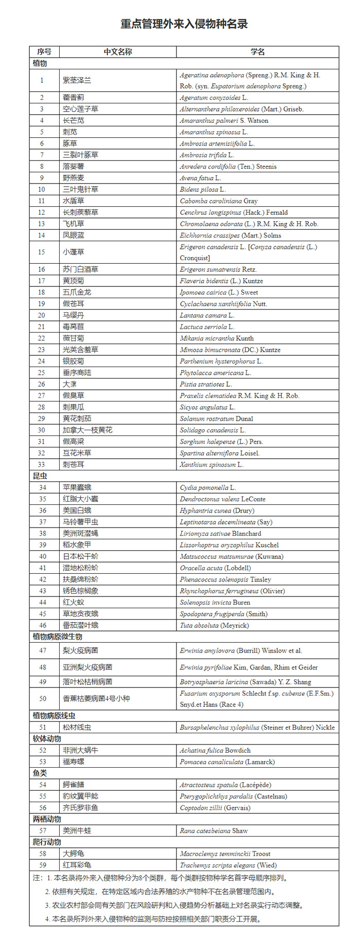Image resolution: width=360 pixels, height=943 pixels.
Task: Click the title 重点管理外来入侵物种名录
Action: [x=184, y=24]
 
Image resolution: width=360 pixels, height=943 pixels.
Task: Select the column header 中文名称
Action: [x=118, y=52]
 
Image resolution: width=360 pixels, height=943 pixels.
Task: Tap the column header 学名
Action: [x=258, y=52]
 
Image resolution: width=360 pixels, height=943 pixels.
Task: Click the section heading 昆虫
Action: [x=40, y=476]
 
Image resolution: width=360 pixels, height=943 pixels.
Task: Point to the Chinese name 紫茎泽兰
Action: [x=77, y=80]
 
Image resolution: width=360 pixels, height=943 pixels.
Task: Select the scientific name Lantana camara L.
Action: [x=207, y=315]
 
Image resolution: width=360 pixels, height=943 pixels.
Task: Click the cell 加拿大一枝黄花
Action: [x=87, y=430]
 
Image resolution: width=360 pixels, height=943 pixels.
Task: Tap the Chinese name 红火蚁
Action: [x=74, y=602]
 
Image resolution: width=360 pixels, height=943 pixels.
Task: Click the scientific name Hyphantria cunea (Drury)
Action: [x=217, y=511]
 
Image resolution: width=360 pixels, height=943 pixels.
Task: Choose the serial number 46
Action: [x=42, y=625]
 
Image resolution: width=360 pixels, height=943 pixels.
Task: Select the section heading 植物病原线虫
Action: [x=54, y=716]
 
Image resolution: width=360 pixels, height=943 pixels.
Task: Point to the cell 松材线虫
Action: [x=77, y=728]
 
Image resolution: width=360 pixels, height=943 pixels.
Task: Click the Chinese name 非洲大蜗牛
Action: [x=80, y=750]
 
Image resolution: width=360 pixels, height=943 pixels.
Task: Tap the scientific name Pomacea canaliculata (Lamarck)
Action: [x=227, y=762]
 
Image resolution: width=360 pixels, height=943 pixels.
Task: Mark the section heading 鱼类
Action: [x=40, y=773]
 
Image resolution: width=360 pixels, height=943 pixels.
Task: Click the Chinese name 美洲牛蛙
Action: [x=77, y=830]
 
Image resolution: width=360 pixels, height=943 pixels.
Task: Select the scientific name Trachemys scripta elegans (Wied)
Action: [x=228, y=865]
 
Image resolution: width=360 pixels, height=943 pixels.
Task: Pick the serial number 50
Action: [x=43, y=698]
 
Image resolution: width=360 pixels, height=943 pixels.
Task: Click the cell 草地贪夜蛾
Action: [x=80, y=614]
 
